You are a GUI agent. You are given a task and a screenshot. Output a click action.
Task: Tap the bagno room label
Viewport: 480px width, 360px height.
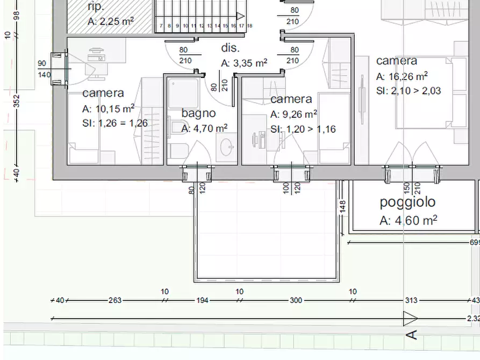pos(198,113)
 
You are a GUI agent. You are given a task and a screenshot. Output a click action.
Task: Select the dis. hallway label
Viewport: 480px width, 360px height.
pos(230,48)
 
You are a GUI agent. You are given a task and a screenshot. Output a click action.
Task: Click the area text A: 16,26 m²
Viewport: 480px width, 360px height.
pos(402,76)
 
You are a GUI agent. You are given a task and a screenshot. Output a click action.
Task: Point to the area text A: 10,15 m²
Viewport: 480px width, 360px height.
pos(108,109)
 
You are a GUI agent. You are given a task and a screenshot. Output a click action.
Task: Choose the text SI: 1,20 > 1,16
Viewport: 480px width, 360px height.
pos(303,129)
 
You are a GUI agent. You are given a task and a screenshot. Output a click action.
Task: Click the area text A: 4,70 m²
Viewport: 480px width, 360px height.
pos(204,128)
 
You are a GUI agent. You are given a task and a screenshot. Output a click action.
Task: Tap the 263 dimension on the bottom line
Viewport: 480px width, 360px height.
pos(115,300)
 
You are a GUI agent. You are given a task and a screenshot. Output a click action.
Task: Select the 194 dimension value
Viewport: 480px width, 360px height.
pos(202,300)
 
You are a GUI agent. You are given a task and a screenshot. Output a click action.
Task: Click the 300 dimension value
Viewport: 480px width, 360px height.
pos(296,300)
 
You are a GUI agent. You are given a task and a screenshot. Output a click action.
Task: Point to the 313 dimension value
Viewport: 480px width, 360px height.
pos(411,300)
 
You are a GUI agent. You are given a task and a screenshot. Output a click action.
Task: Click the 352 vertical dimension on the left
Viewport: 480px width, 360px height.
pos(17,101)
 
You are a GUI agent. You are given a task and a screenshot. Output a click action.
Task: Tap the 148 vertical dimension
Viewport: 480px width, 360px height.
pos(342,207)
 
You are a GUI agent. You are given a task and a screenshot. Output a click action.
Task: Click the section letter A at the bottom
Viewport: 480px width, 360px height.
pos(412,335)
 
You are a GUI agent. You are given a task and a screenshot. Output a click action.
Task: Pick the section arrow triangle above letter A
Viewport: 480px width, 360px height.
pos(410,319)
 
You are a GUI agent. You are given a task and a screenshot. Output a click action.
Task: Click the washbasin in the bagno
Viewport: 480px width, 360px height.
pos(226,147)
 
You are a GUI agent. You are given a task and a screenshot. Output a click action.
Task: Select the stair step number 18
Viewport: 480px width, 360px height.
pos(249,26)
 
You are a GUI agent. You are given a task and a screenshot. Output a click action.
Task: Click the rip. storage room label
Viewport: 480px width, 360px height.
pos(96,7)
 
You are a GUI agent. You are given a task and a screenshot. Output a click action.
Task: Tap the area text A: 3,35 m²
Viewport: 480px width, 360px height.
pos(244,63)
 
